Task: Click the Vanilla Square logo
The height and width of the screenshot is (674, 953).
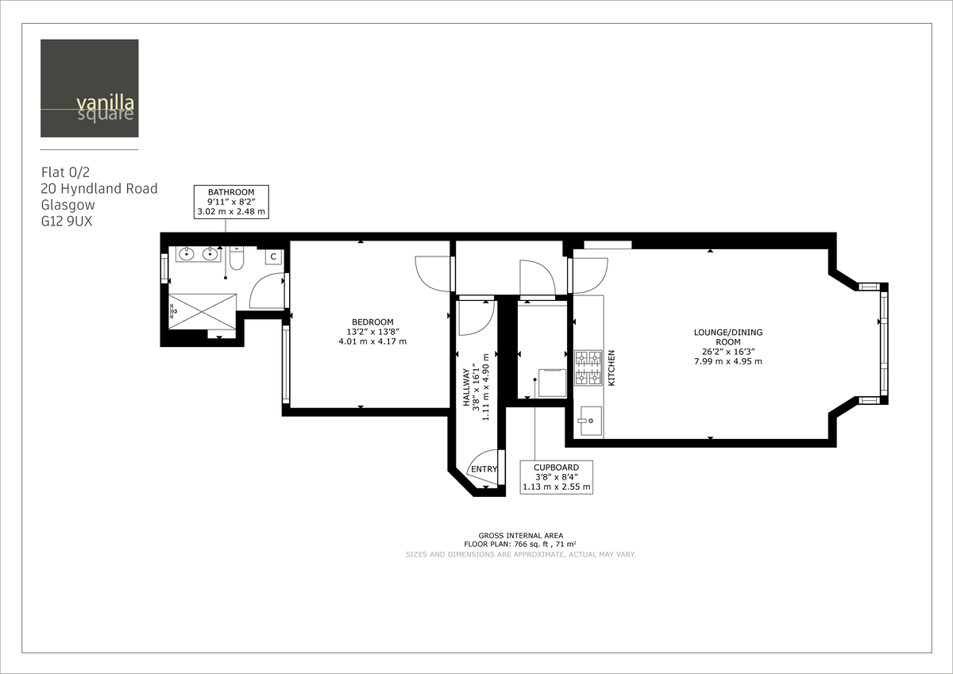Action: click(90, 88)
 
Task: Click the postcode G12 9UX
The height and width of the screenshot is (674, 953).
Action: click(67, 222)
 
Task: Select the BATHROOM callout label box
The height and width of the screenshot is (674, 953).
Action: click(231, 202)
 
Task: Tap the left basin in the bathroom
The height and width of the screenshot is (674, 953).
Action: click(187, 254)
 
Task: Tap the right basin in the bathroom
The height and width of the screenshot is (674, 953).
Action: click(210, 254)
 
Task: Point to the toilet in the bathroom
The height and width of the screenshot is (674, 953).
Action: click(237, 259)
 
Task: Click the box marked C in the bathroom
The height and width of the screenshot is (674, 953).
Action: click(272, 256)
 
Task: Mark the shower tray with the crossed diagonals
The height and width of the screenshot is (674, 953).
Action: click(203, 310)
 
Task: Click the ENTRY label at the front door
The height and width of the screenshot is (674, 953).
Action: click(484, 470)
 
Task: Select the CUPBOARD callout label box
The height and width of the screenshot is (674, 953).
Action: click(556, 477)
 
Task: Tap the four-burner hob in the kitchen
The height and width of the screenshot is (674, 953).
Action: click(588, 368)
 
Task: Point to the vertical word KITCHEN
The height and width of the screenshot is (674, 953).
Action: click(612, 368)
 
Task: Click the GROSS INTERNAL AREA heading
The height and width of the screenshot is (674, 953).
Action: click(520, 536)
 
